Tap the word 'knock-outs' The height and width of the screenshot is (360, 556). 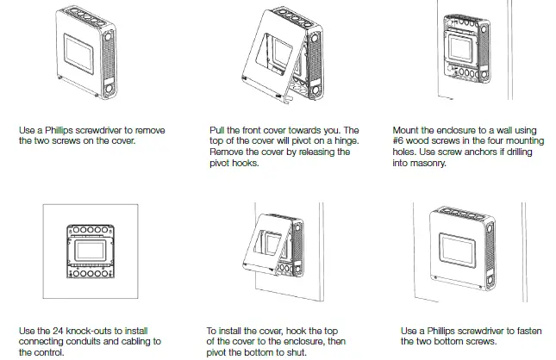click(86, 331)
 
